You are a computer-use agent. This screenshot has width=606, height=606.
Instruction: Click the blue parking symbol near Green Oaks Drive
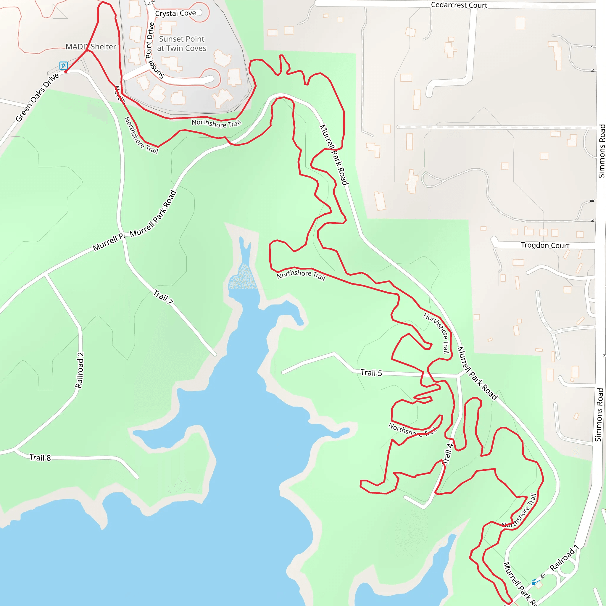tap(63, 66)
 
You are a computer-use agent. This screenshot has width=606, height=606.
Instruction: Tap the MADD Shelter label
tap(91, 47)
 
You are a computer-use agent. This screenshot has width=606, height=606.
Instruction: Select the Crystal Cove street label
tap(175, 13)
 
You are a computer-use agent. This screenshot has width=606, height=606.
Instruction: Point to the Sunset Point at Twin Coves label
tap(182, 43)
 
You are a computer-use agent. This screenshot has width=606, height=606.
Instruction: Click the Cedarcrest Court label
tap(459, 5)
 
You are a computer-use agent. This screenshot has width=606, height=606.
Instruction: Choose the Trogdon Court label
tap(545, 245)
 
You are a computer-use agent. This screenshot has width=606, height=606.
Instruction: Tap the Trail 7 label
tap(163, 297)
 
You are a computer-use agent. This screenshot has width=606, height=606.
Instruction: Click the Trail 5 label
tap(371, 373)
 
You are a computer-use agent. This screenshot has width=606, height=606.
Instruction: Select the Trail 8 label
tap(40, 458)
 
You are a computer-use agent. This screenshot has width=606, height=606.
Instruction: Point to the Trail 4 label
tap(448, 454)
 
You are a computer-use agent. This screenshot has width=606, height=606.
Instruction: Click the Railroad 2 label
tap(80, 370)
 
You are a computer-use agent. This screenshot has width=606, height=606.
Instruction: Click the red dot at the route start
tap(66, 72)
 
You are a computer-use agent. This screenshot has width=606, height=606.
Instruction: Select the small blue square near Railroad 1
tap(534, 582)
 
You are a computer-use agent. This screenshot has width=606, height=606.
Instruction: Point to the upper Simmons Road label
tap(602, 151)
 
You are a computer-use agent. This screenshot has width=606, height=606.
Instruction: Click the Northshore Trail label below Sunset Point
tap(216, 123)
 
